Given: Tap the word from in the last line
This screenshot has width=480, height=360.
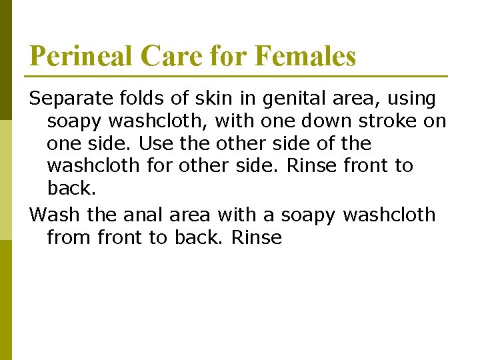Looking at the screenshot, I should click(x=69, y=237).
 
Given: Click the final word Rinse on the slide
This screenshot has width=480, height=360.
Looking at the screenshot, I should click(x=257, y=237).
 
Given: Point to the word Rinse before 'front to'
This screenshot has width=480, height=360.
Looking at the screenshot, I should click(x=312, y=166).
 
